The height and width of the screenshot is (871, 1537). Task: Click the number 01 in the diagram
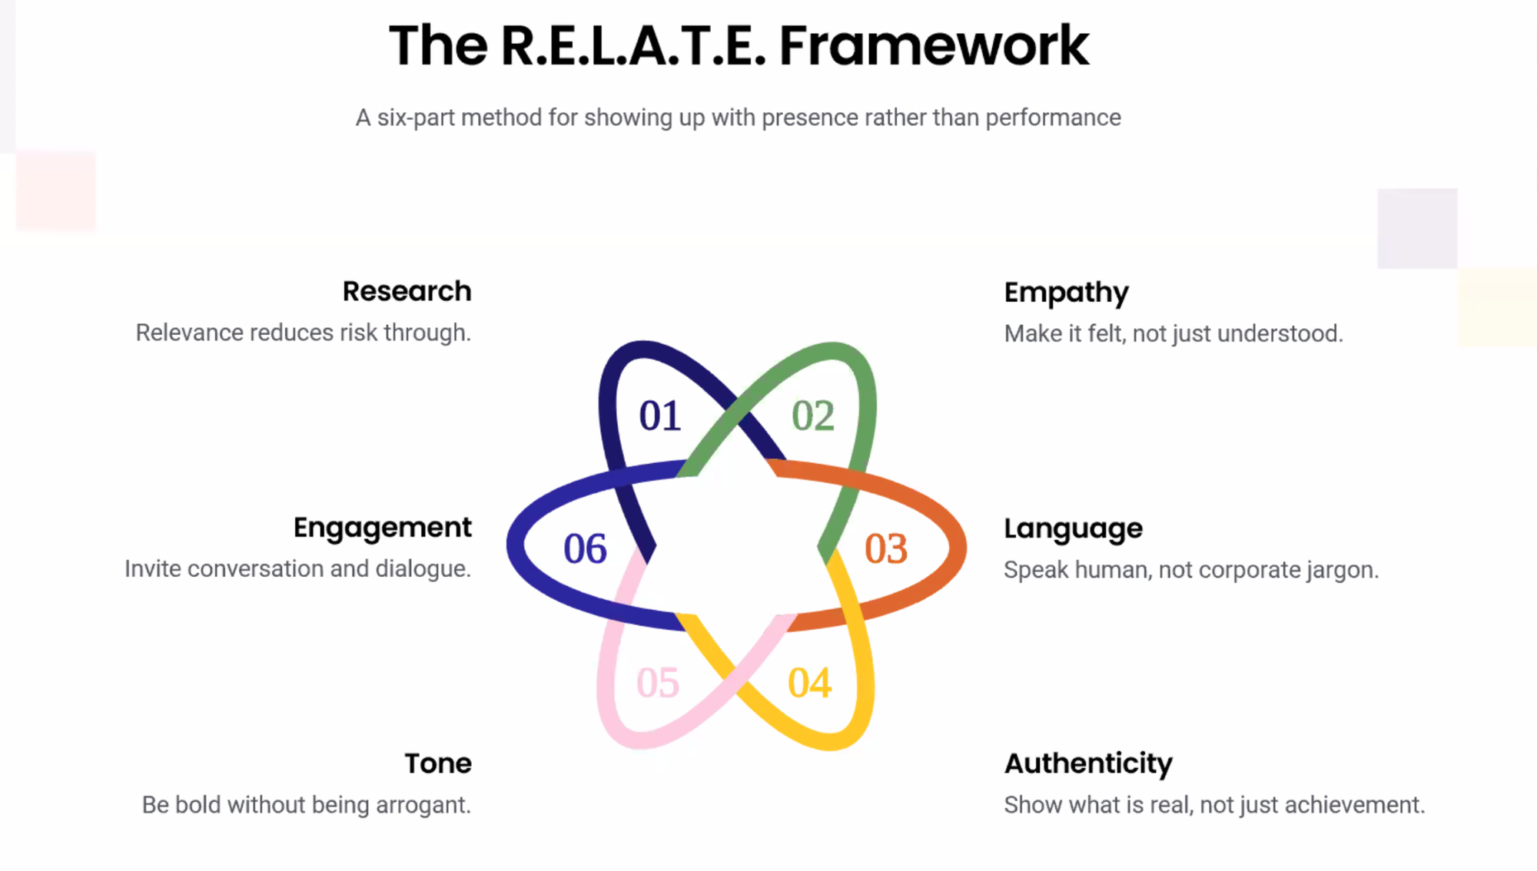tap(659, 416)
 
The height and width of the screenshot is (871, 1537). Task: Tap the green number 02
tap(812, 416)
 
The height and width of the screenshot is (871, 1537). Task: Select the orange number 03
tap(886, 548)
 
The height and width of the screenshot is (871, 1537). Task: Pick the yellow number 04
tap(809, 683)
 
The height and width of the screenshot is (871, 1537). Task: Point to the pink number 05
tap(658, 683)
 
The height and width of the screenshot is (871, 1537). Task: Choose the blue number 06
tap(585, 548)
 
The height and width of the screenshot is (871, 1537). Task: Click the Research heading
tap(407, 291)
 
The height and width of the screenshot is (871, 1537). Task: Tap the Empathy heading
tap(1066, 293)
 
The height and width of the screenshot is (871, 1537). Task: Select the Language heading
tap(1073, 528)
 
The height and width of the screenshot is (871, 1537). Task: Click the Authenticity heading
tap(1088, 763)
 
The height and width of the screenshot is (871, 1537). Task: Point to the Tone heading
tap(438, 763)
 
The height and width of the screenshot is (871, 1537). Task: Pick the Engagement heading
tap(382, 528)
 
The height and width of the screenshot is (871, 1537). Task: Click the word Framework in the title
tap(934, 46)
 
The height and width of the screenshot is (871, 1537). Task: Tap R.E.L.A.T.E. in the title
tap(633, 46)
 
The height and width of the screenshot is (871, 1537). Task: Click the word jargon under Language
tap(1343, 570)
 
